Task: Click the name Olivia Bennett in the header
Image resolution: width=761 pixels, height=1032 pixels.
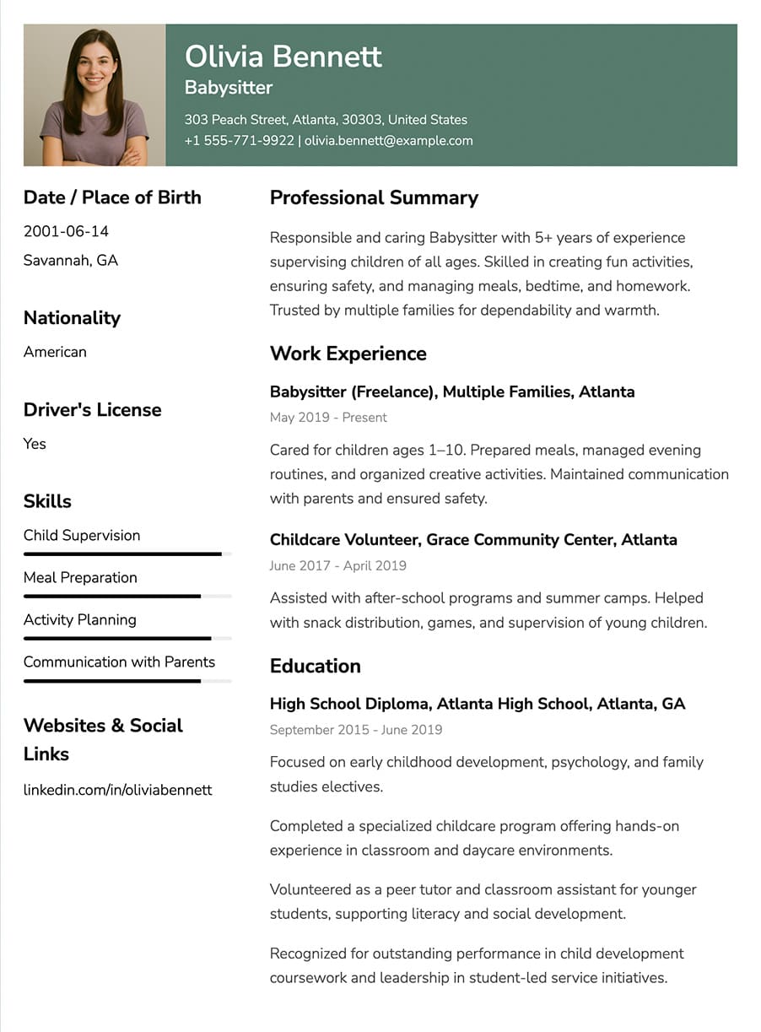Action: [283, 57]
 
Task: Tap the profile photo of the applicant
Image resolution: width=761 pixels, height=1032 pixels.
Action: [94, 95]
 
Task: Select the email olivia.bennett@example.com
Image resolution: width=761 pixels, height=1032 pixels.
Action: [388, 141]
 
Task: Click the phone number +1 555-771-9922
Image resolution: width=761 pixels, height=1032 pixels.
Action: [240, 141]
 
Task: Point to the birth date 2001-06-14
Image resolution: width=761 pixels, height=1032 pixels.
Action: [66, 231]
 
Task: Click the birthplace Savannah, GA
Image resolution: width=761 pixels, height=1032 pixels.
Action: [71, 260]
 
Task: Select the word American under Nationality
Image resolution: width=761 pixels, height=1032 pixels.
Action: [55, 352]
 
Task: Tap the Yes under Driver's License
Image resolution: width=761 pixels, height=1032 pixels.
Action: [35, 444]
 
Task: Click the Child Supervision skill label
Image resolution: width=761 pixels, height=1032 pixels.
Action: [82, 535]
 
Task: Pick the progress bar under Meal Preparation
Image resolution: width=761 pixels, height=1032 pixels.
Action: [127, 596]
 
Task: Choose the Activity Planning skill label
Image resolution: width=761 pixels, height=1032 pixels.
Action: [79, 619]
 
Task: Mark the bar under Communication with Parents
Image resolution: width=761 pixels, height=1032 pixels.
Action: [127, 680]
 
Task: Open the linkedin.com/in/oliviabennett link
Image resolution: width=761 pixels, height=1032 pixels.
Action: [117, 790]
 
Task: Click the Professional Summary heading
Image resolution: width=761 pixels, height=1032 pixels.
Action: [374, 197]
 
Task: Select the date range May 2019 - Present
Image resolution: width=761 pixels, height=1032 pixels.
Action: [328, 418]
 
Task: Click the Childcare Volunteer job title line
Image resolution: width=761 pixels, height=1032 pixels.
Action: [473, 539]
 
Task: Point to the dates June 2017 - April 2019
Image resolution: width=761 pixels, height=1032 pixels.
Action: [337, 566]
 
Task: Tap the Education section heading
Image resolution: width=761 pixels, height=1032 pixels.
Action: [315, 666]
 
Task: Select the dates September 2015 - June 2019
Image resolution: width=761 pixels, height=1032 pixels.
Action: [356, 730]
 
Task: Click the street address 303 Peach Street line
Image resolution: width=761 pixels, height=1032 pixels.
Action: [326, 120]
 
